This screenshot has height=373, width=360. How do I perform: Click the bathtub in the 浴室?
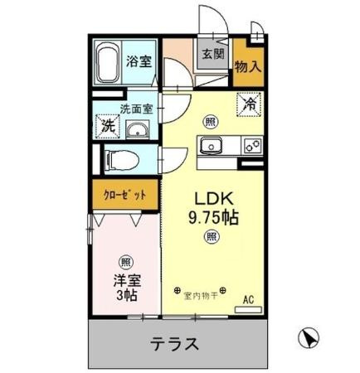tap(108, 62)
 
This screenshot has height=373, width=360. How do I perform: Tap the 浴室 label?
tap(139, 61)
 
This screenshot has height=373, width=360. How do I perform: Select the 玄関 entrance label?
tap(212, 54)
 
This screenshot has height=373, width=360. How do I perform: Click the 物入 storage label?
tap(248, 66)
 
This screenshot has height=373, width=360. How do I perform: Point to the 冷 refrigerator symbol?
tap(249, 104)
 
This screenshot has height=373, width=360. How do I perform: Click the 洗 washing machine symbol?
tap(108, 126)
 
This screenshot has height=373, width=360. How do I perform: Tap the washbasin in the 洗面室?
tap(138, 129)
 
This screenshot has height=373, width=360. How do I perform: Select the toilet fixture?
tap(122, 160)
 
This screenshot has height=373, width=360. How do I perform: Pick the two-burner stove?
tap(252, 146)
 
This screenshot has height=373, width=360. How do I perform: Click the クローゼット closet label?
tap(124, 196)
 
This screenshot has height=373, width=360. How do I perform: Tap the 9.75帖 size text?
tap(213, 218)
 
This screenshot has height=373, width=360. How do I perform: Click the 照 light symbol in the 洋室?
tap(126, 262)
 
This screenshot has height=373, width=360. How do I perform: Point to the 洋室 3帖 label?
tap(127, 288)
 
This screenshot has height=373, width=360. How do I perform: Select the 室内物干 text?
tap(201, 297)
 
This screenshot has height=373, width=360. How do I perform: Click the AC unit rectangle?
tap(248, 310)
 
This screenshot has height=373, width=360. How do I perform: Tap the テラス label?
tap(174, 344)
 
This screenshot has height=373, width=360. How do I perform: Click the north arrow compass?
tap(309, 337)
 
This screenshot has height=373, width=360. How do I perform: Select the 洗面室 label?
tap(136, 109)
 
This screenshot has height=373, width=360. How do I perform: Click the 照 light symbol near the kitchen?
tap(212, 122)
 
